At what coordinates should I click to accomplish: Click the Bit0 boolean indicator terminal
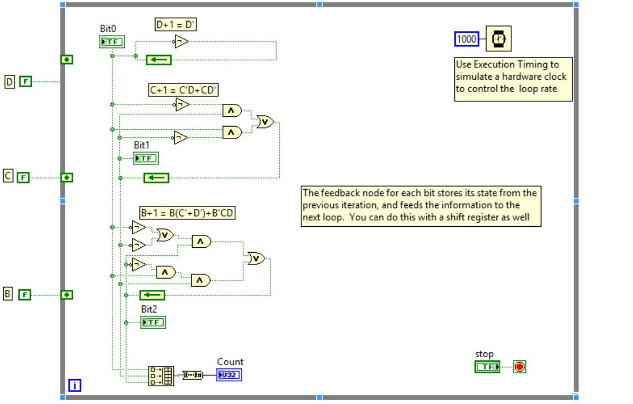(112, 42)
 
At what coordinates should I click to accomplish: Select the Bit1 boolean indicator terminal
(146, 158)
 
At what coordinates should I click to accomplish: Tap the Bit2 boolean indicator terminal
(153, 322)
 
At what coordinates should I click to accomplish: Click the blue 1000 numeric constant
(467, 39)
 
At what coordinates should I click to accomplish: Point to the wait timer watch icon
(498, 39)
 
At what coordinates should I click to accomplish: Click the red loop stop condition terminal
(519, 367)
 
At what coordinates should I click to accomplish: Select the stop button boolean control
(488, 367)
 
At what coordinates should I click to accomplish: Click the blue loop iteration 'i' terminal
(75, 385)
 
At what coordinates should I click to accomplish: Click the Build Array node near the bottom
(161, 375)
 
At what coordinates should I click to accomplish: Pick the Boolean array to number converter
(193, 375)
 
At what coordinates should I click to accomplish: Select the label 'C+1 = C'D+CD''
(184, 89)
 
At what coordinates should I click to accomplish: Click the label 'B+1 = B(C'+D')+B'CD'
(187, 213)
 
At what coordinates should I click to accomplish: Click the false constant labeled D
(26, 82)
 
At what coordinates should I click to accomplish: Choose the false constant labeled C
(23, 177)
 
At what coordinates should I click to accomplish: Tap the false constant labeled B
(25, 294)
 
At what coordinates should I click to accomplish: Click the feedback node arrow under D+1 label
(158, 60)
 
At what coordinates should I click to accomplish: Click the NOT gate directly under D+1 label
(181, 41)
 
